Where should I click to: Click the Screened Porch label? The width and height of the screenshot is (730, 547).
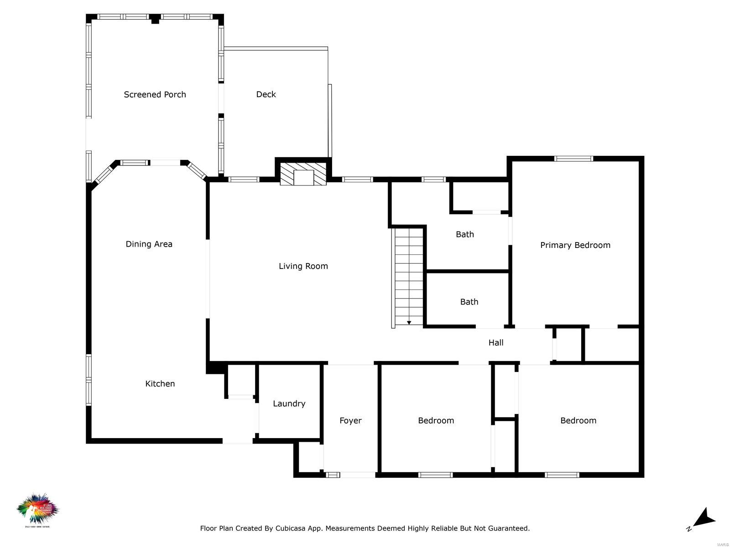155,94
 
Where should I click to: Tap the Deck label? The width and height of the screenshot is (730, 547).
266,94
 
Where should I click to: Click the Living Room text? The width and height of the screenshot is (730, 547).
303,266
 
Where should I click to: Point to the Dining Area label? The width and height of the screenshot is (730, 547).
149,244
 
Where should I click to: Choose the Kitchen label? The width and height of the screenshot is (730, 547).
160,383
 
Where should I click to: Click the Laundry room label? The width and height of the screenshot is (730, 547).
289,403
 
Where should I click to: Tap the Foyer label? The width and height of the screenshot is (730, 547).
350,420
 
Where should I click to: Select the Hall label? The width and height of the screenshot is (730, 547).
495,342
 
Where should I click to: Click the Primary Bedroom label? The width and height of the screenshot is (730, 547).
575,245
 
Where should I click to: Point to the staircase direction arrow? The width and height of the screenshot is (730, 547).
409,322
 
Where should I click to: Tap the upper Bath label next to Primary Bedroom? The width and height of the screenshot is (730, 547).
464,234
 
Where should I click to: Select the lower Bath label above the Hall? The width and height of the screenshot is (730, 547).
469,302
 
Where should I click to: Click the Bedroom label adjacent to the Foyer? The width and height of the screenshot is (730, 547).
436,420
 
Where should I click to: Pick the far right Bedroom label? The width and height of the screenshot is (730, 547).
578,420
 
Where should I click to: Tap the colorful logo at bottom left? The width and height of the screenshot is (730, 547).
38,510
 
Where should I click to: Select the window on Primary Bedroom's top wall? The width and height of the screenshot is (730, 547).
574,159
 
